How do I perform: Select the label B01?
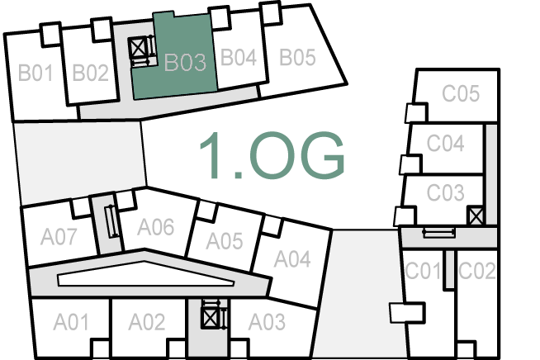click(36, 73)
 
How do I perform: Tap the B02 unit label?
click(90, 73)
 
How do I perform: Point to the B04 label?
click(239, 58)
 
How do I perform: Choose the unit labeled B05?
click(297, 58)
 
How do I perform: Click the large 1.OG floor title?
click(271, 155)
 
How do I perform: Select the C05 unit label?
click(460, 93)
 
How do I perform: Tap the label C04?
click(445, 144)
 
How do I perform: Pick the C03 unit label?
click(445, 193)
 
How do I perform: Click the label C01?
click(423, 270)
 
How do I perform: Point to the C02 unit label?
click(476, 270)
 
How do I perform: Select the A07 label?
click(59, 237)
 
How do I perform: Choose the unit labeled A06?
click(155, 225)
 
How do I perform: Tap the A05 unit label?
click(224, 241)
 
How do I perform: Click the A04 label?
click(291, 259)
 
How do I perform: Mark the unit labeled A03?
click(267, 321)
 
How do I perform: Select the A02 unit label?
click(148, 322)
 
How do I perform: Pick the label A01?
click(71, 321)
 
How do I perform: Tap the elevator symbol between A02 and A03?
click(212, 317)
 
